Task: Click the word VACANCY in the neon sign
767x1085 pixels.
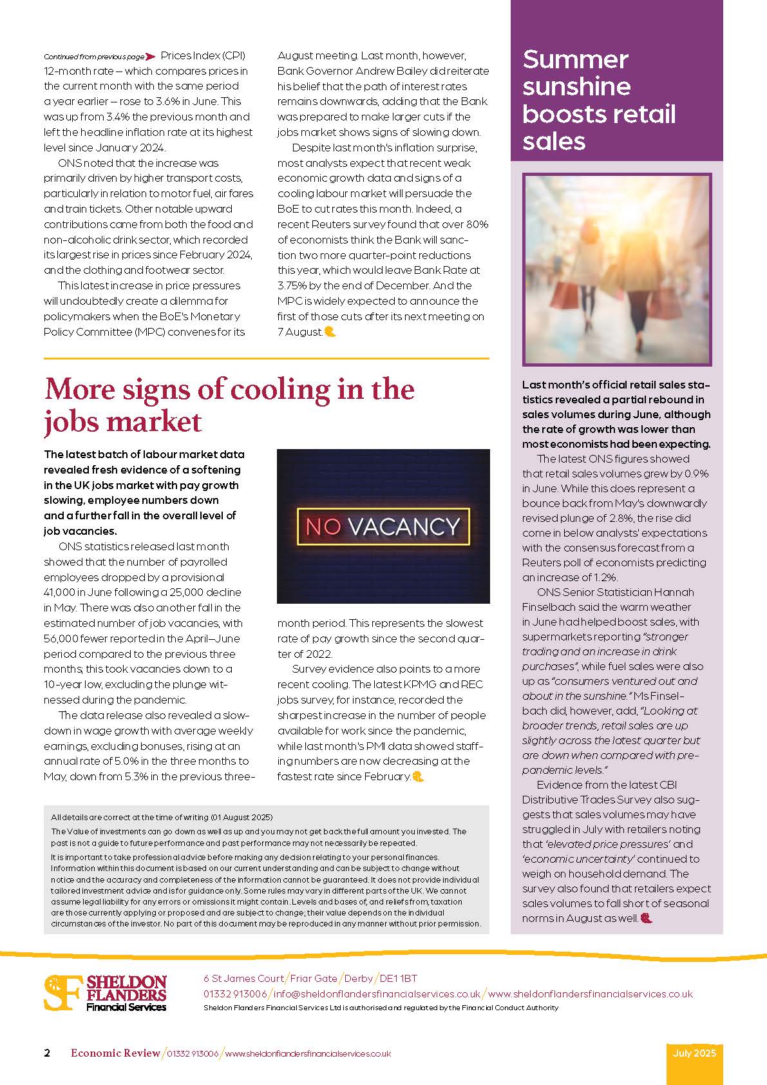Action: pos(404,526)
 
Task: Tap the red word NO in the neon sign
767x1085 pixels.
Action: pos(323,526)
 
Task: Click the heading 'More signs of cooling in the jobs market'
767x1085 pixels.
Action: pos(229,405)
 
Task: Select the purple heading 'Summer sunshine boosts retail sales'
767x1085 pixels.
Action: pos(599,100)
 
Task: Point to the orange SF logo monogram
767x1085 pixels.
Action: pos(63,992)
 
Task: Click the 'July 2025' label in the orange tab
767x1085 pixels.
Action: pos(694,1053)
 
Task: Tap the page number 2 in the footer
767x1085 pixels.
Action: pos(47,1053)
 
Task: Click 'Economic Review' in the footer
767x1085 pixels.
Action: pos(115,1053)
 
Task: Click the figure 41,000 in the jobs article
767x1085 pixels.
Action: pos(62,592)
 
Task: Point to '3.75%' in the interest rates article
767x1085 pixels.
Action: pos(292,285)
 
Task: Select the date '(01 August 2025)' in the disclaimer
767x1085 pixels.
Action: pos(241,817)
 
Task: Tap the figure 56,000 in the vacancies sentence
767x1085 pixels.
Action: pos(62,639)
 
